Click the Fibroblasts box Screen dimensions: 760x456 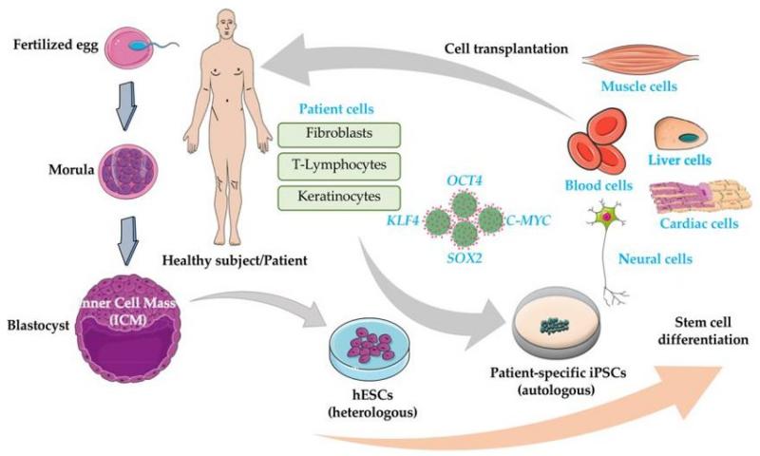pyautogui.click(x=339, y=135)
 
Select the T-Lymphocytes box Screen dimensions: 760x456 pyautogui.click(x=339, y=166)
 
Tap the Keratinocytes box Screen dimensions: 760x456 pyautogui.click(x=339, y=198)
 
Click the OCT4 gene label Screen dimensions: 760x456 pyautogui.click(x=465, y=180)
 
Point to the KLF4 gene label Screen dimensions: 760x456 pyautogui.click(x=402, y=221)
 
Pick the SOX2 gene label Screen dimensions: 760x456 pyautogui.click(x=465, y=257)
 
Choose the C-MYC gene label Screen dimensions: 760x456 pyautogui.click(x=527, y=221)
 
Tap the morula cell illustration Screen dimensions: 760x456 pyautogui.click(x=129, y=171)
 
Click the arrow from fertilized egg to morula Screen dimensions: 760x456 pyautogui.click(x=127, y=105)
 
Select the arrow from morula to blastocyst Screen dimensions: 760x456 pyautogui.click(x=127, y=240)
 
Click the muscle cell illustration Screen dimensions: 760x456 pyautogui.click(x=640, y=60)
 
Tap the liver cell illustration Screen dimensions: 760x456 pyautogui.click(x=680, y=135)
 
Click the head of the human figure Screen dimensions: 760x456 pyautogui.click(x=227, y=26)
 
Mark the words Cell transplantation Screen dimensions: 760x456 pyautogui.click(x=506, y=48)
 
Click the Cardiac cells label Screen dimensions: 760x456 pyautogui.click(x=699, y=223)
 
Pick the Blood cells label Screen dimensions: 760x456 pyautogui.click(x=598, y=185)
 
